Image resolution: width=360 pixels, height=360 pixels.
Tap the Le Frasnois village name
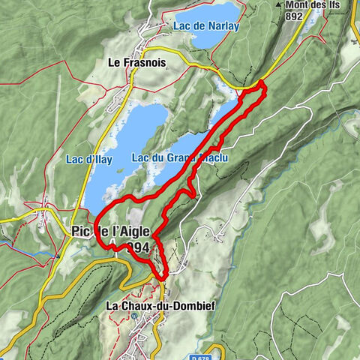coord(136,64)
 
